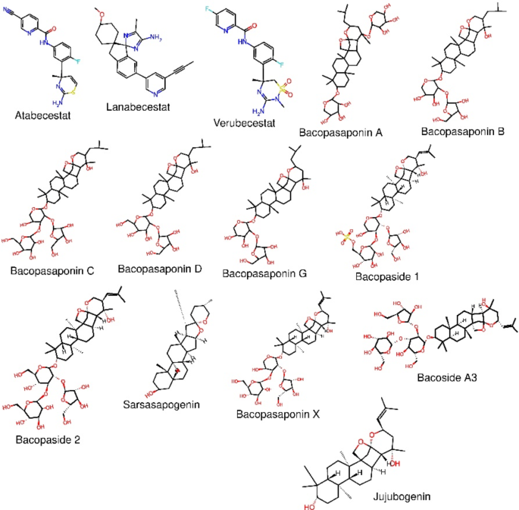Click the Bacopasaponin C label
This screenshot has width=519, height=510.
(52, 270)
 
